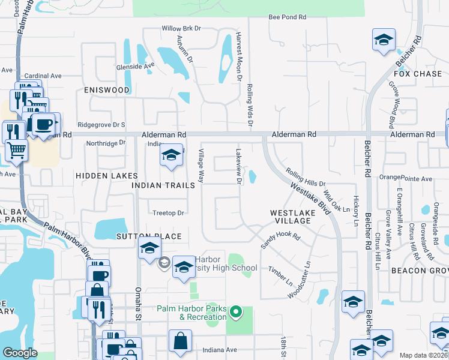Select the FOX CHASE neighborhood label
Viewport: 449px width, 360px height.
pyautogui.click(x=418, y=74)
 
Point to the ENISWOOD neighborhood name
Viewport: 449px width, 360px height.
pyautogui.click(x=107, y=90)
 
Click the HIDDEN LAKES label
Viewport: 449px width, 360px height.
pyautogui.click(x=107, y=175)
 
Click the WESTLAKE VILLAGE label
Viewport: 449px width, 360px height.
pyautogui.click(x=290, y=217)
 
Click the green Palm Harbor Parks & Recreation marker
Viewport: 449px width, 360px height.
pyautogui.click(x=236, y=311)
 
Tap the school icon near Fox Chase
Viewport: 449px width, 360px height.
pyautogui.click(x=384, y=41)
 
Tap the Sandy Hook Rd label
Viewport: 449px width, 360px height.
pyautogui.click(x=280, y=241)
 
